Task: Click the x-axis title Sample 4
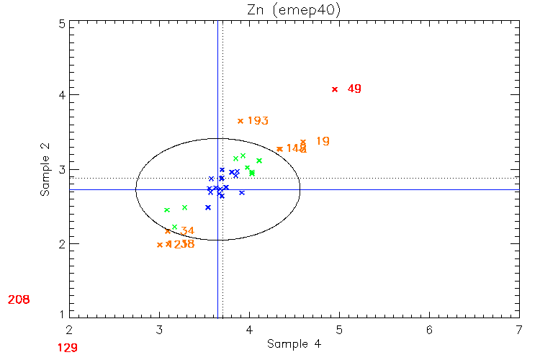294,344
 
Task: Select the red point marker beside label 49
335,89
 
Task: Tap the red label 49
354,89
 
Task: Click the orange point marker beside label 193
240,121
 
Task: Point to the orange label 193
258,120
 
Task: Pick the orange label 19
323,141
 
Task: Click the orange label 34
187,231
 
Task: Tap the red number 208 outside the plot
19,299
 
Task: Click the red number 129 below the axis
68,348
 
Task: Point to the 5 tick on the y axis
63,24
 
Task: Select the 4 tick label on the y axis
63,94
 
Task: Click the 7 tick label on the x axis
519,330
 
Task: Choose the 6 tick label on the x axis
429,330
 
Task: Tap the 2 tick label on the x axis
69,330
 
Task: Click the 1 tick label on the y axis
63,314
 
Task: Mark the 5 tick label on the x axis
339,330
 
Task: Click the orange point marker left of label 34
168,231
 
